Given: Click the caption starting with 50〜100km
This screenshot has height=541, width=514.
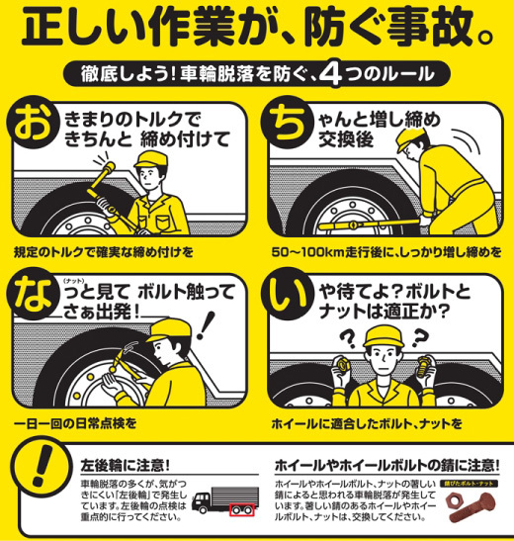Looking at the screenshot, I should [379, 251].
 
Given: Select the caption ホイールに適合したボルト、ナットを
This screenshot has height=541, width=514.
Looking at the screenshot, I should [367, 423].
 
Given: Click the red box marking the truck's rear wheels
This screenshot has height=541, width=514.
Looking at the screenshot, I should [237, 512].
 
